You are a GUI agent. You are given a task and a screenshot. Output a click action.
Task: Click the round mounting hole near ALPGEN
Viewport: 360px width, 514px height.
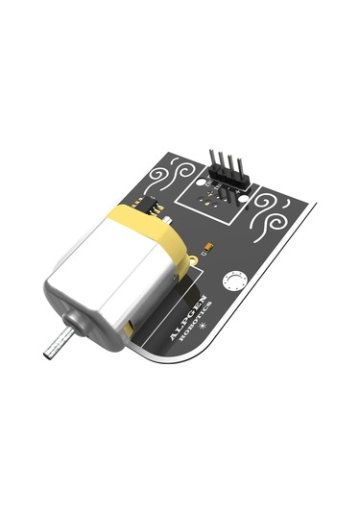click(232, 281)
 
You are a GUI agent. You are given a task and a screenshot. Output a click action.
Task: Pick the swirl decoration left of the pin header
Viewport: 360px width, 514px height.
click(173, 178)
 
